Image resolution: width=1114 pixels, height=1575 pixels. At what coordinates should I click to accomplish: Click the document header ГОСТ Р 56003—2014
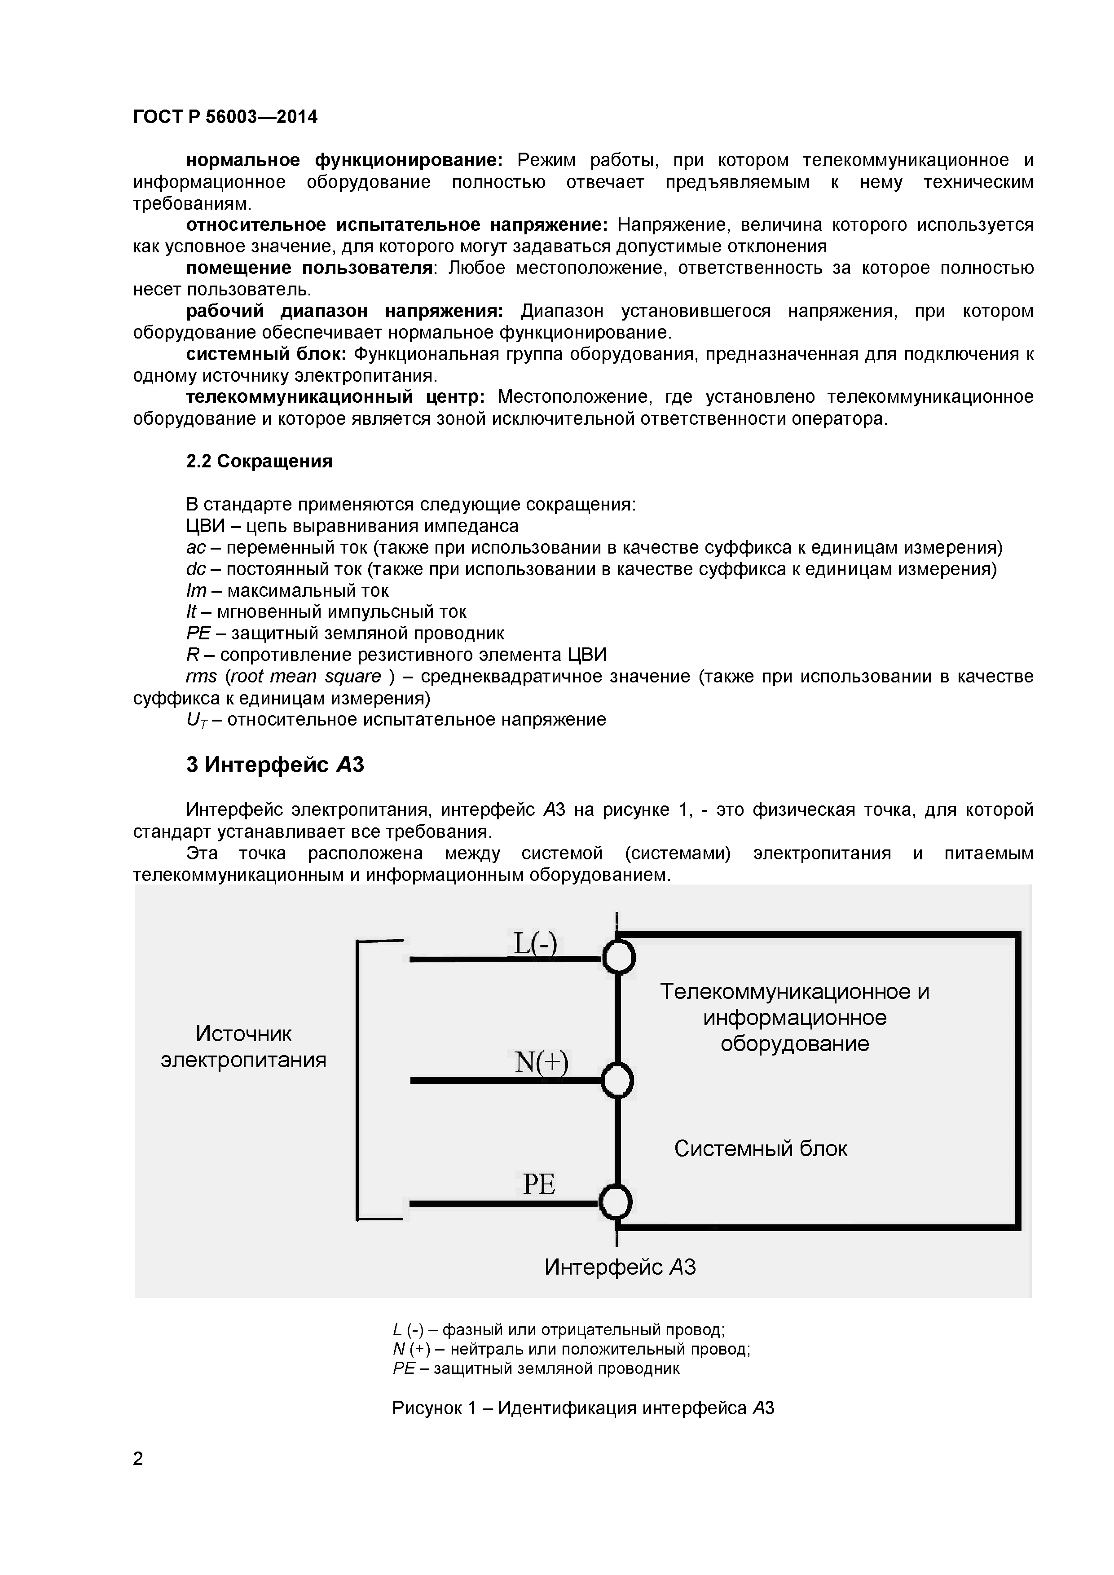coord(225,117)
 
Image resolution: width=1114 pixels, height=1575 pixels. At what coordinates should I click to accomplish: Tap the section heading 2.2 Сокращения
coord(259,461)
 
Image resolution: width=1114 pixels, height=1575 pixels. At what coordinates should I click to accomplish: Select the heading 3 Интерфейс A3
coord(274,764)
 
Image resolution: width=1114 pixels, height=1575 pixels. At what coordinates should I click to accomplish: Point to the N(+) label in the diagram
coord(541,1063)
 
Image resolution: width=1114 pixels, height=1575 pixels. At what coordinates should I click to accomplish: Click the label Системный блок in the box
coord(760,1148)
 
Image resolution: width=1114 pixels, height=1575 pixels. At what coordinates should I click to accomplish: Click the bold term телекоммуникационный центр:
coord(335,397)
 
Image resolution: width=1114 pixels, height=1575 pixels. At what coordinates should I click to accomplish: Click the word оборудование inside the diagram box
coord(794,1044)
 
